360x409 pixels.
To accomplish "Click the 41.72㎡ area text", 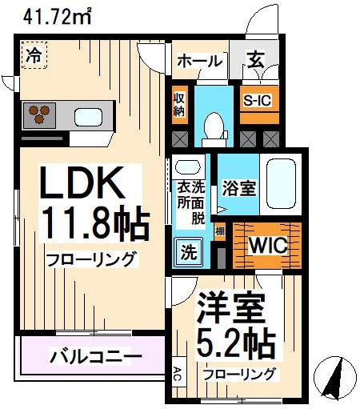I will tap(49, 13).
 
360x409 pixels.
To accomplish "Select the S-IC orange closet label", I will tap(258, 100).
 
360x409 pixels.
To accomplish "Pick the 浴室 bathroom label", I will tap(239, 189).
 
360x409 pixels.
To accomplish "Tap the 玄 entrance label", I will tap(254, 60).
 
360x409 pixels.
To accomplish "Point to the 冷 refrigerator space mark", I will tap(34, 56).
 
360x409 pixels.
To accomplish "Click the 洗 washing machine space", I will tap(187, 255).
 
